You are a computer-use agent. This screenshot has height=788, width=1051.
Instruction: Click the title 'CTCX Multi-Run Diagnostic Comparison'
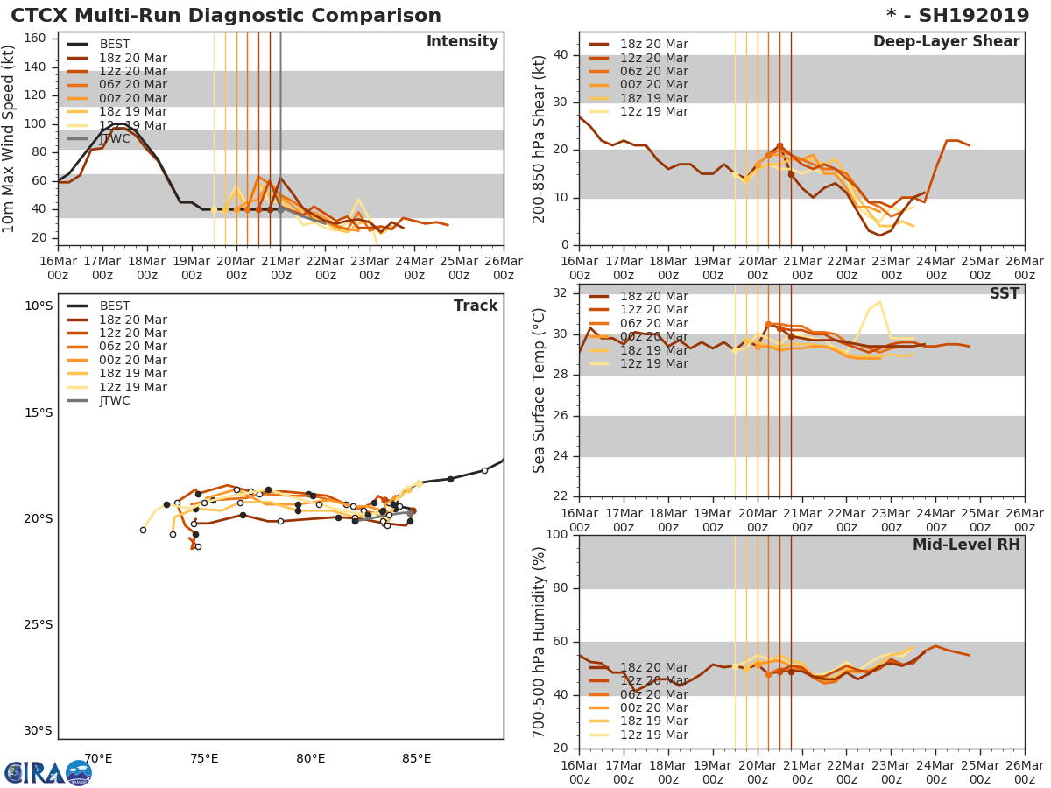226,16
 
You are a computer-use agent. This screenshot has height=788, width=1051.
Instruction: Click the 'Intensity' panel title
462,42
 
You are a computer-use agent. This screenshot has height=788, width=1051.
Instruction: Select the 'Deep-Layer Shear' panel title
946,42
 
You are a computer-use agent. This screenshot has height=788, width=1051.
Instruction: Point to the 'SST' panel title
1004,294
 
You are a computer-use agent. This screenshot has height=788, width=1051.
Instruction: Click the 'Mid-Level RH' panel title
966,545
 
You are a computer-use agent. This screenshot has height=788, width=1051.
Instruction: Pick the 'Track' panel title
476,306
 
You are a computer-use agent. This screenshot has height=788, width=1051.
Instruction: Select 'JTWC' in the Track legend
115,401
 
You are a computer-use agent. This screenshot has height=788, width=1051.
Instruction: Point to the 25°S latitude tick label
38,625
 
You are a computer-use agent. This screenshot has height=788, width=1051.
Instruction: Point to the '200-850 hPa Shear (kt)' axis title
540,138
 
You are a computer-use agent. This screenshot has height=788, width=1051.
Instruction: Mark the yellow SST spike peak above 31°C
879,302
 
